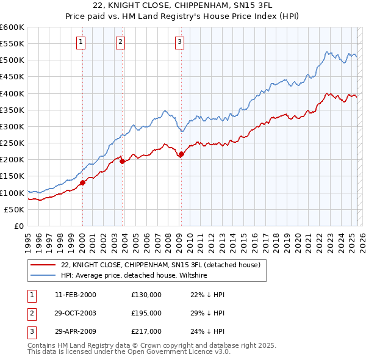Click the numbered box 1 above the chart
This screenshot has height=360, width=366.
[x=81, y=41]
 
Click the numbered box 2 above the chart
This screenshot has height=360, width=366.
[x=121, y=41]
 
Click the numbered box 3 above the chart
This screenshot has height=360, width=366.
[x=180, y=41]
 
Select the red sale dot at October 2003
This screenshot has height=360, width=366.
[x=122, y=161]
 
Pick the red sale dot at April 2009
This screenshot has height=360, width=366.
[x=181, y=154]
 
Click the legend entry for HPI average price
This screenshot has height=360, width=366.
[x=134, y=276]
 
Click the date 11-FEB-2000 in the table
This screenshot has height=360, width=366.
[x=76, y=295]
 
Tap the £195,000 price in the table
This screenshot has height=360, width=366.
[x=146, y=313]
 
